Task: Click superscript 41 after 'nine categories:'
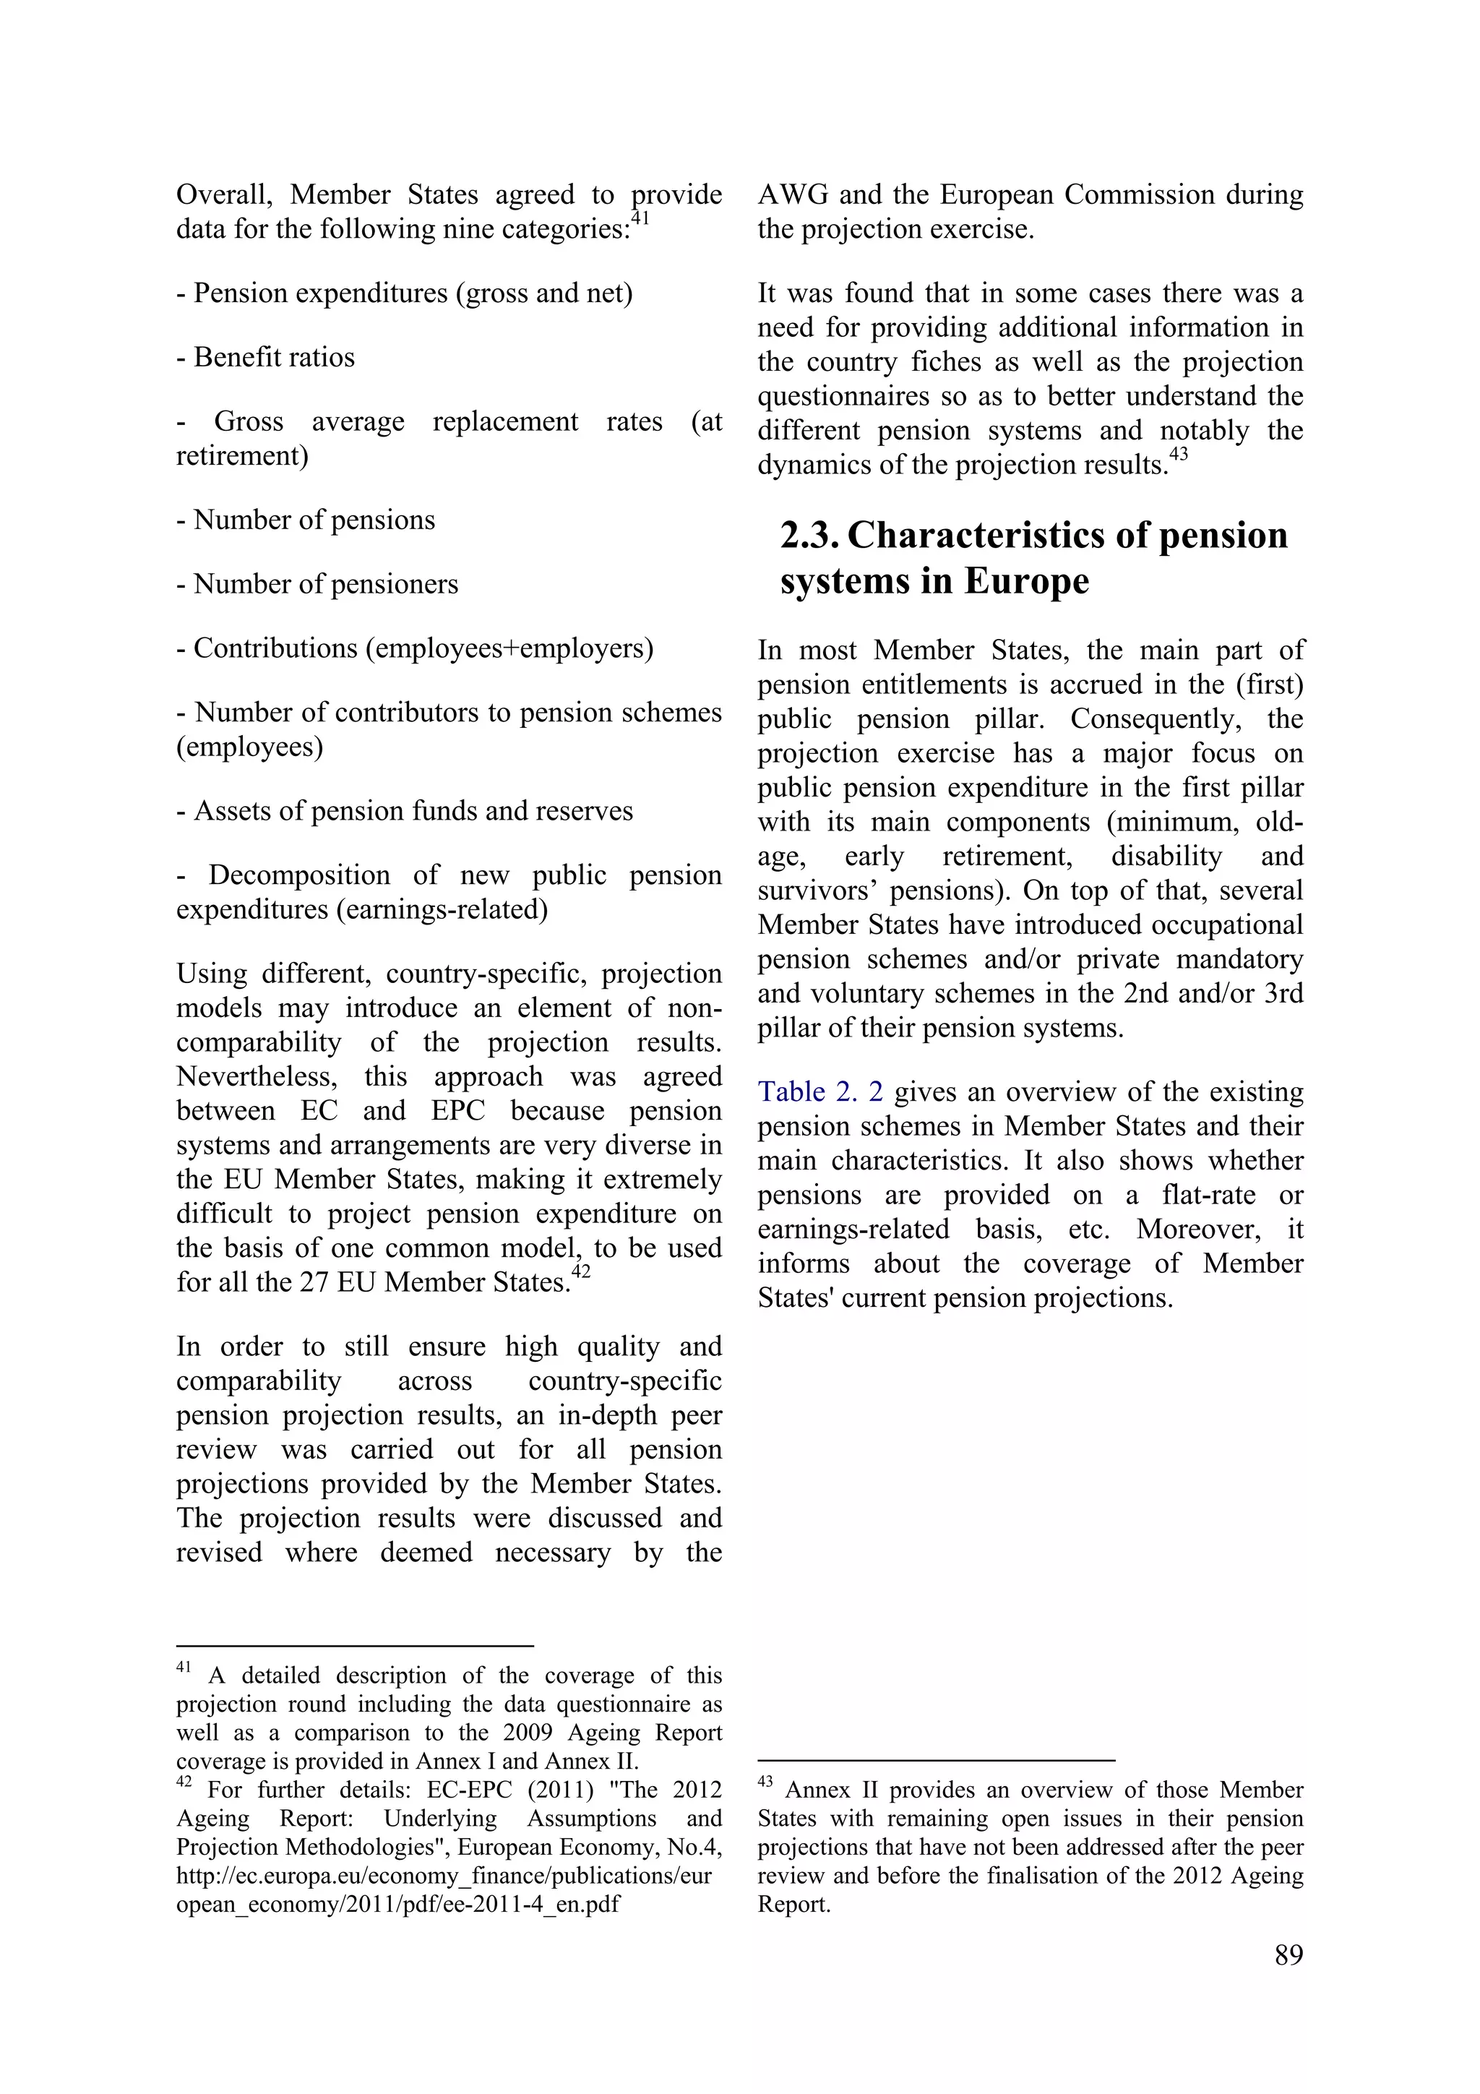coord(640,218)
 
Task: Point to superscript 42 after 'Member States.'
coord(581,1271)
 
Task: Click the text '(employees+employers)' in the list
coord(509,648)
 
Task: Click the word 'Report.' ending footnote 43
coord(793,1905)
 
